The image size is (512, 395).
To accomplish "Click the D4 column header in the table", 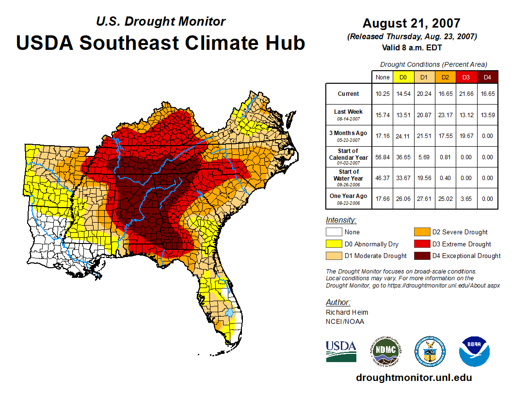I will point(488,77).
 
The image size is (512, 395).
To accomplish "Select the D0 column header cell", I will point(402,77).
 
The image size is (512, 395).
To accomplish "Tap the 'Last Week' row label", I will point(348,114).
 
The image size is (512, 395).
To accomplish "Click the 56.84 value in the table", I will point(383,157).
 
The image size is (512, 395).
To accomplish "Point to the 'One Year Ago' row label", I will point(348,198).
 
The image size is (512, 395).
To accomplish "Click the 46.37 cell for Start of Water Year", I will point(383,178).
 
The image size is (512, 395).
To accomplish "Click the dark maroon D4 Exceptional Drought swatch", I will point(421,256).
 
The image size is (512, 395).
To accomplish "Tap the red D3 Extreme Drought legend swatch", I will point(421,244).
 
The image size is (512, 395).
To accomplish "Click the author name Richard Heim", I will point(347,312).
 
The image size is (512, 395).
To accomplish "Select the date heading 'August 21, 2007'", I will point(412,23).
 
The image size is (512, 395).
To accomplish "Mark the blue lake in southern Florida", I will point(230,314).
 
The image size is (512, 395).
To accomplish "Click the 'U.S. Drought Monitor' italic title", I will point(160,21).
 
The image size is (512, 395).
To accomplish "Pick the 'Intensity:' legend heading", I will point(341,220).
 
